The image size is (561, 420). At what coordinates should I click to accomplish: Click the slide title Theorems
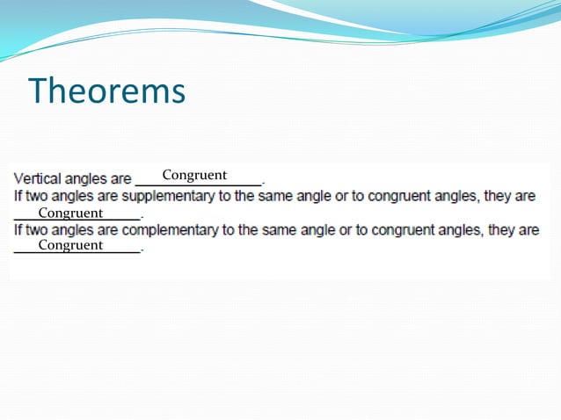coord(107,91)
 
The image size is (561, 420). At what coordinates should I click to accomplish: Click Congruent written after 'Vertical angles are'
coord(194,175)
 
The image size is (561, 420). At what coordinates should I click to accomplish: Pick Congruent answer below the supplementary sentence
coord(70,213)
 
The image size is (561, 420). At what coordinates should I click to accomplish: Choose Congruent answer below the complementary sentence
coord(70,245)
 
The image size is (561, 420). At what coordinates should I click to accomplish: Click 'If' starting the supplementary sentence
coord(17,196)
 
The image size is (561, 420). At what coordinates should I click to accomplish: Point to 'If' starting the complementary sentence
coord(17,230)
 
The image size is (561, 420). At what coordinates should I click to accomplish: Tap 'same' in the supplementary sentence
coord(275,196)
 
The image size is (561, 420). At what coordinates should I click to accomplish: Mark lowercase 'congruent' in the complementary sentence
coord(406,230)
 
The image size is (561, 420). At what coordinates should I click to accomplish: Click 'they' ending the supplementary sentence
coord(499,196)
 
